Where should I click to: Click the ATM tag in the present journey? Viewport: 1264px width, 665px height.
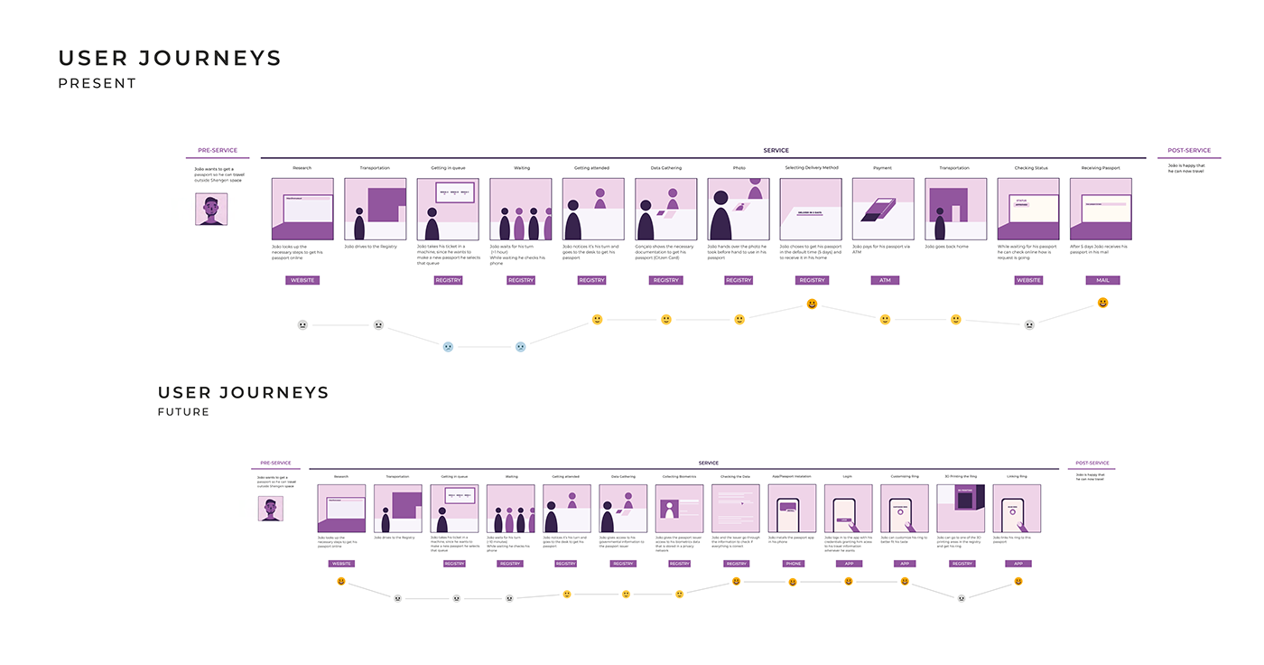pyautogui.click(x=885, y=280)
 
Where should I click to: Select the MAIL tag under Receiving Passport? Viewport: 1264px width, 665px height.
pyautogui.click(x=1102, y=280)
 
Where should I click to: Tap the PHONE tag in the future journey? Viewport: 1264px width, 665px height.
pyautogui.click(x=793, y=563)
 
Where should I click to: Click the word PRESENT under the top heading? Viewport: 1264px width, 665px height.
pyautogui.click(x=98, y=83)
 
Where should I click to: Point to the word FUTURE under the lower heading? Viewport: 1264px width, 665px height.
pyautogui.click(x=183, y=412)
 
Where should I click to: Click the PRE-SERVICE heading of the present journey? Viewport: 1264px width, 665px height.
pyautogui.click(x=218, y=151)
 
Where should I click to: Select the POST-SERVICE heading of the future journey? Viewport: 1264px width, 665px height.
pyautogui.click(x=1092, y=464)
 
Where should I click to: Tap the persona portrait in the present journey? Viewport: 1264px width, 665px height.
pyautogui.click(x=211, y=209)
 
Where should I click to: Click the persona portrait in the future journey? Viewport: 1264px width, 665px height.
pyautogui.click(x=270, y=509)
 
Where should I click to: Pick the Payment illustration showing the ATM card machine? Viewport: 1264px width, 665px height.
pyautogui.click(x=883, y=209)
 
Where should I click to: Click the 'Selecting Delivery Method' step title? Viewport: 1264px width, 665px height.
pyautogui.click(x=811, y=168)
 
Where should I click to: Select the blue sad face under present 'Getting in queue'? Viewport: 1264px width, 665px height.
pyautogui.click(x=448, y=346)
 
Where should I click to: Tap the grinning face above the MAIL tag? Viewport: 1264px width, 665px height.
pyautogui.click(x=1102, y=304)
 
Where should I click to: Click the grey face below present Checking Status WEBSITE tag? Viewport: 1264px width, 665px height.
pyautogui.click(x=1028, y=325)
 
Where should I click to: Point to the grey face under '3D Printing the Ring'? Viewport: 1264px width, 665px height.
pyautogui.click(x=962, y=597)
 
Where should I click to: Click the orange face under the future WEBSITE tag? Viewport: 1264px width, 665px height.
pyautogui.click(x=341, y=582)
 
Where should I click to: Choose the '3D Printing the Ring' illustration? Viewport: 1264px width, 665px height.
pyautogui.click(x=961, y=509)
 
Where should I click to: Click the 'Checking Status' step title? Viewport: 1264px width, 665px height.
pyautogui.click(x=1030, y=168)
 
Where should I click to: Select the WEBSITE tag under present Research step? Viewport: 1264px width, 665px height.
pyautogui.click(x=302, y=280)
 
